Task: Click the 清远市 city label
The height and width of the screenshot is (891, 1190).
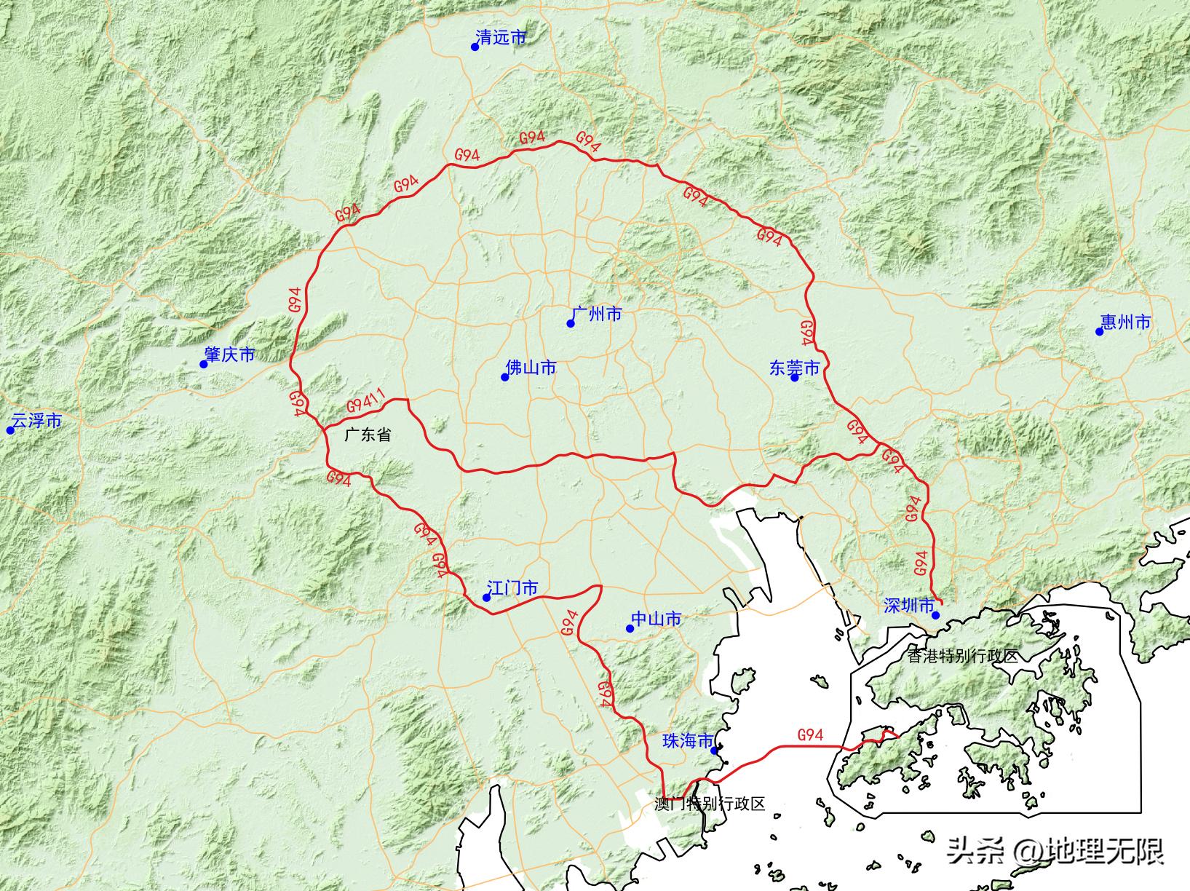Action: click(x=501, y=37)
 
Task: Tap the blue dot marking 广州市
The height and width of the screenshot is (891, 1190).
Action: click(x=571, y=323)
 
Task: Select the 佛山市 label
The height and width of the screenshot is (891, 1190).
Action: click(x=531, y=368)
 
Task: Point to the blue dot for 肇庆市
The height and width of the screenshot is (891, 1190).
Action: click(x=204, y=364)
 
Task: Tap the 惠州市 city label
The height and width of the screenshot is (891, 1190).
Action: click(x=1126, y=322)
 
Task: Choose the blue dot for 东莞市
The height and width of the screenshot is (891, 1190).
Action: click(x=795, y=377)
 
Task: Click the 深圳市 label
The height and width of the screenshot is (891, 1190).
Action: click(x=909, y=606)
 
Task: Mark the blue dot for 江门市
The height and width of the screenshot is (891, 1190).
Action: click(x=486, y=598)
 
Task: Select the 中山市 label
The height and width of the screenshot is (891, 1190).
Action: click(x=657, y=619)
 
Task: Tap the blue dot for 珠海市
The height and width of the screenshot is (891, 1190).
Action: click(x=715, y=751)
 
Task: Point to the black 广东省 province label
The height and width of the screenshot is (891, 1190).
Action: click(x=368, y=435)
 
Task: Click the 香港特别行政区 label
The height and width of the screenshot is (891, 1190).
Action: click(x=963, y=656)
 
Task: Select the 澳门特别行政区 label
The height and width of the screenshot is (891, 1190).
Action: click(x=710, y=804)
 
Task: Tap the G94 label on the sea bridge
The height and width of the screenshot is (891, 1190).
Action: click(x=810, y=735)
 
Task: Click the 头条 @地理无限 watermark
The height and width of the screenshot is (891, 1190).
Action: click(x=1055, y=850)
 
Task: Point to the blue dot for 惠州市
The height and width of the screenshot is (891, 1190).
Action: click(x=1099, y=331)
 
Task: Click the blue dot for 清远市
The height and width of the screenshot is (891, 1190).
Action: click(x=475, y=47)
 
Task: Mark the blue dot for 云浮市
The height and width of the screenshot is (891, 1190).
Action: click(x=10, y=430)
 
